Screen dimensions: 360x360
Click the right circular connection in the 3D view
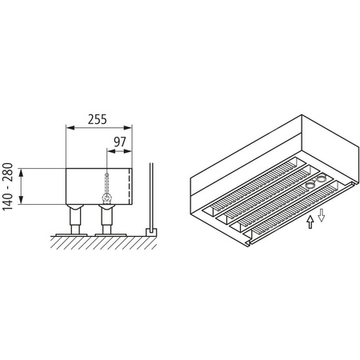[322, 178]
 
